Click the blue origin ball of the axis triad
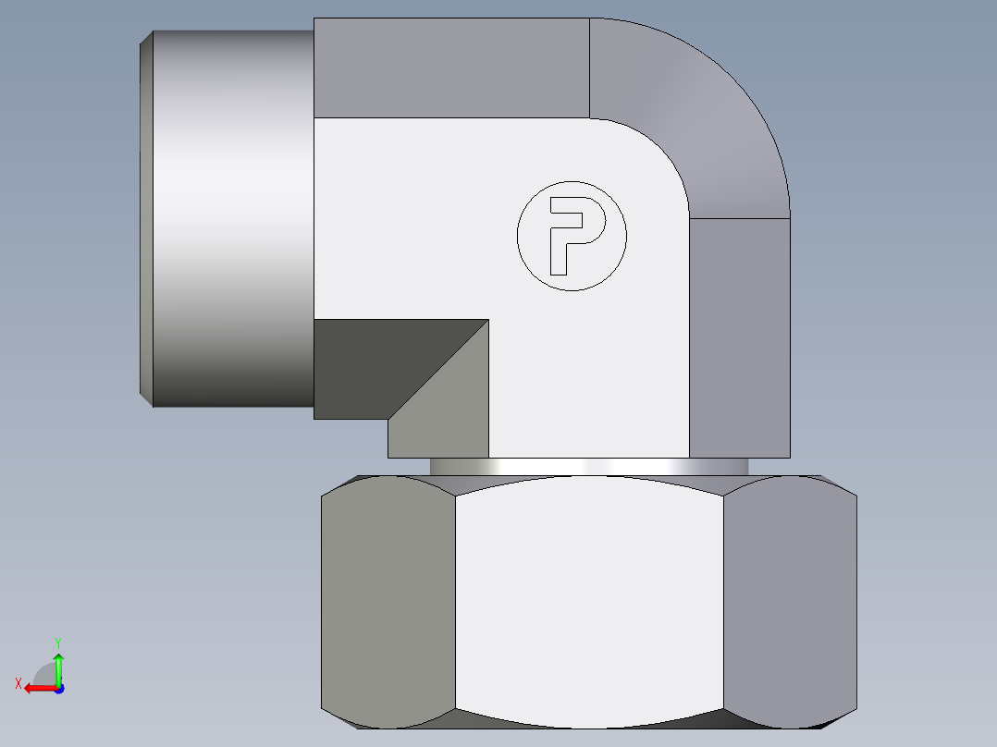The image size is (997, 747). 58,688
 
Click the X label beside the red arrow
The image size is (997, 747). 18,683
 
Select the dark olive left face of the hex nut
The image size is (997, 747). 388,606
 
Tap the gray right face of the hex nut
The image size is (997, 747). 789,606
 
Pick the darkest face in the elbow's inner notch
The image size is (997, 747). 370,365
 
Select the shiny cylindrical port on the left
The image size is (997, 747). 231,219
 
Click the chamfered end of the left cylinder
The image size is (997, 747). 145,219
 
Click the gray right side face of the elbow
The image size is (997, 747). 740,337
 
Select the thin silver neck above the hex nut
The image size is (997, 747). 589,467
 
